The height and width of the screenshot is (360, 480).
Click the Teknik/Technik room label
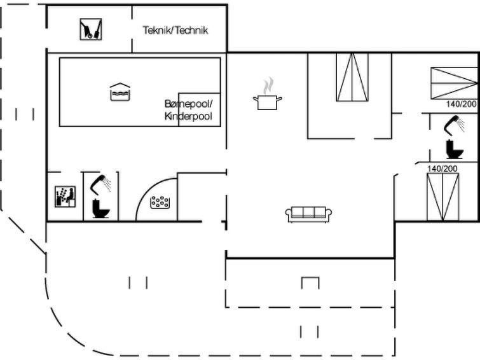[175, 30]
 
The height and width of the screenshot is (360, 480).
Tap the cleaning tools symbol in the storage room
[91, 29]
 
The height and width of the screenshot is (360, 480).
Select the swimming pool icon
[120, 92]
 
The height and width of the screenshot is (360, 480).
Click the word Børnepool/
[188, 104]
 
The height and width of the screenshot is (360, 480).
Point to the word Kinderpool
[188, 116]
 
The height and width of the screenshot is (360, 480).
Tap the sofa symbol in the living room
[308, 214]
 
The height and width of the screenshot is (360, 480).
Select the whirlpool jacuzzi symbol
[160, 202]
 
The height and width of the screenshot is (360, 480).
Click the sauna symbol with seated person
[65, 197]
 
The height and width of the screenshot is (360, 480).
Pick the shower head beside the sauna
[100, 184]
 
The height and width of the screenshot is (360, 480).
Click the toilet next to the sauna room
[100, 209]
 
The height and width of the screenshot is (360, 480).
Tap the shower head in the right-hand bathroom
[455, 125]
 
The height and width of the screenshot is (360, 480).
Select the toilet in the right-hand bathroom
[455, 149]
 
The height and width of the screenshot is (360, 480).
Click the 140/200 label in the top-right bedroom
[462, 104]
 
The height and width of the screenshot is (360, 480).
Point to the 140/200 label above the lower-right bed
[442, 168]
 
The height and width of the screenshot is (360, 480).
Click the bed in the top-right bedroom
[455, 83]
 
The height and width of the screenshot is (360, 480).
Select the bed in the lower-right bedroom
[442, 197]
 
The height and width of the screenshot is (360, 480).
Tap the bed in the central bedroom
[352, 77]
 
